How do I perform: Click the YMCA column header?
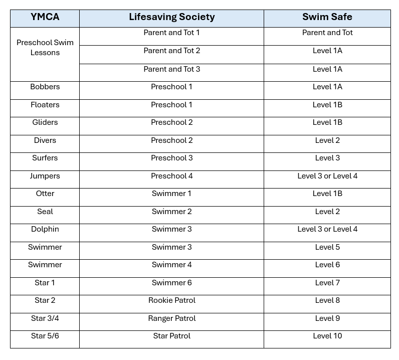45,17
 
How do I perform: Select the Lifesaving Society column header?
171,17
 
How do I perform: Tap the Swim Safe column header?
327,17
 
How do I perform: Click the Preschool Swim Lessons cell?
45,48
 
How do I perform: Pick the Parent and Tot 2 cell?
171,51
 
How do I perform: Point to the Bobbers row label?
45,87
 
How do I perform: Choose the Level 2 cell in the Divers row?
327,140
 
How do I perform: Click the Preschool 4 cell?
171,176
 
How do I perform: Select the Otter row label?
45,194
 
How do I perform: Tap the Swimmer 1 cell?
171,194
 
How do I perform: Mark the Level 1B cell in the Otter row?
327,194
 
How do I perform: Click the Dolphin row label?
45,229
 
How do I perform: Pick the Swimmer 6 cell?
171,283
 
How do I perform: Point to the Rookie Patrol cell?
171,300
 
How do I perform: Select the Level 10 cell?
327,336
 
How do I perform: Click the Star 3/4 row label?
45,318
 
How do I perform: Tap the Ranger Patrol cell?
171,318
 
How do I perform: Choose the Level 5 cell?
327,247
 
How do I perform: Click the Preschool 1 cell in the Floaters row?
171,105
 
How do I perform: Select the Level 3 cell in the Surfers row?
327,158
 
